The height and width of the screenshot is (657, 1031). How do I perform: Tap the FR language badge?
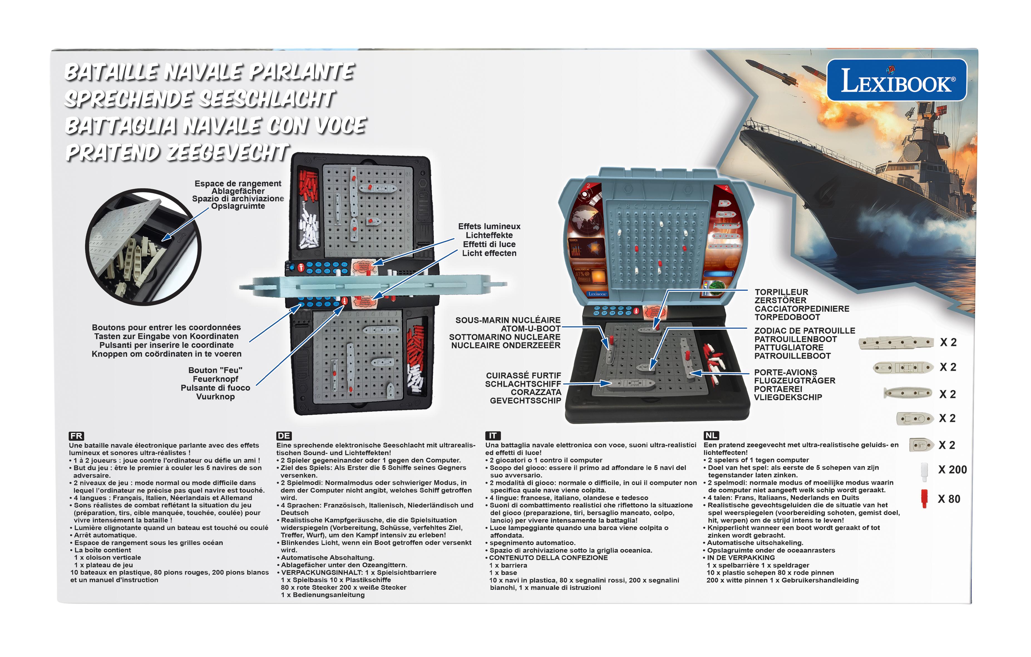pyautogui.click(x=76, y=436)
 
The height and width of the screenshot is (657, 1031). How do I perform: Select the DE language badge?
pyautogui.click(x=284, y=436)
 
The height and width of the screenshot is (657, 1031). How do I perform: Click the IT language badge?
pyautogui.click(x=492, y=436)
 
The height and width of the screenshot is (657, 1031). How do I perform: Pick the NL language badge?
pyautogui.click(x=711, y=435)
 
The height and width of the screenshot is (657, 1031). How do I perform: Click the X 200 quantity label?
pyautogui.click(x=952, y=470)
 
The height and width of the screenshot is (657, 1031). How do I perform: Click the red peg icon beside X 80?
pyautogui.click(x=924, y=498)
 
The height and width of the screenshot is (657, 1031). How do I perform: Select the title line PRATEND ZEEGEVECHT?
pyautogui.click(x=176, y=153)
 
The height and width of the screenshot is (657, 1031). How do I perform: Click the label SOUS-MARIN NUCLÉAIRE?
pyautogui.click(x=508, y=320)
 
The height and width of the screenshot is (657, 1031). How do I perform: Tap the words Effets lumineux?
pyautogui.click(x=489, y=226)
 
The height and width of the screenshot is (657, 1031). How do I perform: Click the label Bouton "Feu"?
pyautogui.click(x=215, y=370)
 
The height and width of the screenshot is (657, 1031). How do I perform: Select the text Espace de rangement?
pyautogui.click(x=238, y=184)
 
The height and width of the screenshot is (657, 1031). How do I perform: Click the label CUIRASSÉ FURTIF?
pyautogui.click(x=523, y=375)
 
